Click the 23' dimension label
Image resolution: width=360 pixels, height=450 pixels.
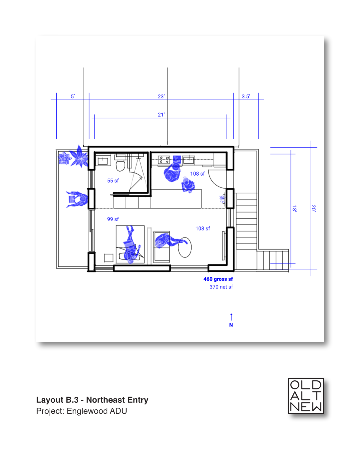tap(161, 97)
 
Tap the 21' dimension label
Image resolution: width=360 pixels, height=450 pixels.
tap(161, 115)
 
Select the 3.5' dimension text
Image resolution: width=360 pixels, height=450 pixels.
tap(246, 97)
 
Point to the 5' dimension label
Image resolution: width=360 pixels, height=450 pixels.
tap(73, 97)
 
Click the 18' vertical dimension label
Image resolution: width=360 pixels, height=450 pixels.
tap(294, 209)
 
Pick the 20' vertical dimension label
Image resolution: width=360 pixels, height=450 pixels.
tap(313, 208)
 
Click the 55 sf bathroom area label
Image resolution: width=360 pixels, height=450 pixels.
tap(113, 181)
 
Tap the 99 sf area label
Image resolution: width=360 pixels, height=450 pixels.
tap(113, 219)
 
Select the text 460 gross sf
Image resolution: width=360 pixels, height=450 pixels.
tap(218, 279)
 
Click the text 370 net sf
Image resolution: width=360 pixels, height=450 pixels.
tap(221, 287)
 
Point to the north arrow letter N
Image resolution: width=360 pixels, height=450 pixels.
tap(231, 325)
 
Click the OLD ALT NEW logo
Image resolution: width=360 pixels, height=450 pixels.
tap(306, 396)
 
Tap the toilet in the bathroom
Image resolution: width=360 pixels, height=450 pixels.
tap(121, 165)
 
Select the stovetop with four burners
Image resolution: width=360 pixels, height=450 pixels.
tap(164, 160)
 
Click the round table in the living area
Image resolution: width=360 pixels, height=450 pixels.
tap(185, 247)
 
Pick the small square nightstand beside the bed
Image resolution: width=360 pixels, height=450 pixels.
tap(109, 258)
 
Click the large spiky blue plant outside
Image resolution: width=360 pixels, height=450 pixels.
tap(79, 157)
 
